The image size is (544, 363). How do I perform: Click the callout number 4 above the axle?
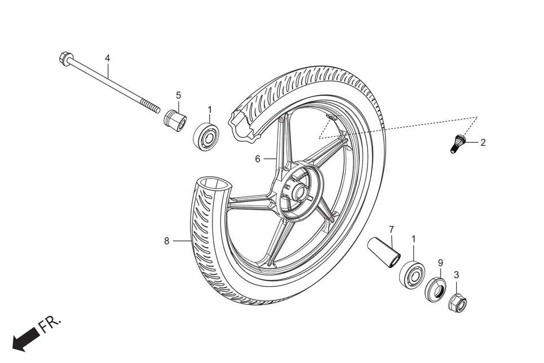[107, 59]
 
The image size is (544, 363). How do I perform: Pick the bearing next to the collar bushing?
[207, 135]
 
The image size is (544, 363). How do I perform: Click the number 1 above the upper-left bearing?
[210, 109]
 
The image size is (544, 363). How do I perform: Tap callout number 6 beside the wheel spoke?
[258, 159]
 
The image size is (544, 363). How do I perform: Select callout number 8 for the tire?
[167, 241]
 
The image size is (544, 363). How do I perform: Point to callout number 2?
[483, 142]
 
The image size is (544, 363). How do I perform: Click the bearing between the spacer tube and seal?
[412, 275]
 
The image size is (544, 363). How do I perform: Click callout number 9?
[440, 263]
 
